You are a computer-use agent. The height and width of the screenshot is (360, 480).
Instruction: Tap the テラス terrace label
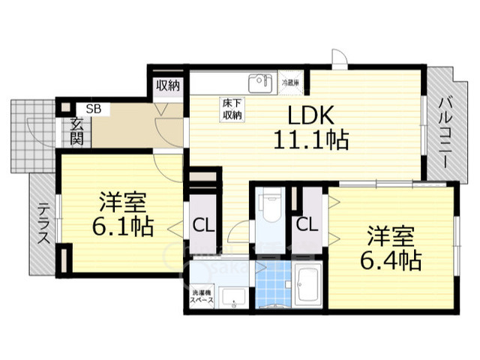(43, 224)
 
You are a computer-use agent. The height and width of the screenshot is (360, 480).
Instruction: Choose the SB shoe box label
(94, 109)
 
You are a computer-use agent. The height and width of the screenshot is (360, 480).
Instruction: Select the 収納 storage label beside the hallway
(169, 85)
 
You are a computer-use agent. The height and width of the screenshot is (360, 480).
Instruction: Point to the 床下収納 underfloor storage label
(231, 109)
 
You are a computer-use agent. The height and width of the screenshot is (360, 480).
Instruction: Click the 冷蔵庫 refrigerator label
(291, 81)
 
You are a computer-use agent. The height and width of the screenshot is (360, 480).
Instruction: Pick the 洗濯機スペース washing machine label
(202, 295)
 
